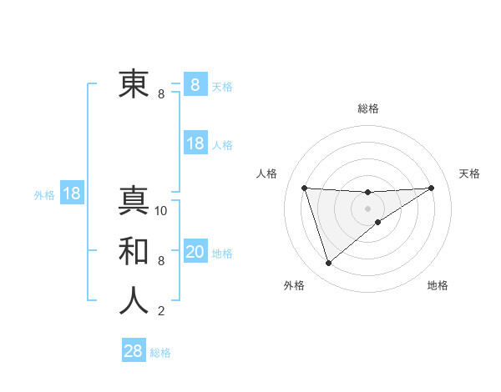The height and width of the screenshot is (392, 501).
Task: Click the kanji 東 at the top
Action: point(134,84)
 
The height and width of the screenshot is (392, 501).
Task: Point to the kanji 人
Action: point(134,301)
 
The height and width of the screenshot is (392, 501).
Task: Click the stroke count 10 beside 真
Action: point(162,211)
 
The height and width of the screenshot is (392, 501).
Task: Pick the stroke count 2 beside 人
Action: point(161,311)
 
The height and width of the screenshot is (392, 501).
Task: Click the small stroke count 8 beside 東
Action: point(161,94)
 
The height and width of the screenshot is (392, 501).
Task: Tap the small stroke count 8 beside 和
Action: point(161,261)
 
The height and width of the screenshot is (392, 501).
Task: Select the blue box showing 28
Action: point(134,351)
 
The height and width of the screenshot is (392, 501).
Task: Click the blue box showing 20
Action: point(195,252)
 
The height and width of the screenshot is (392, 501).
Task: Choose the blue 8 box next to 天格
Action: point(195,84)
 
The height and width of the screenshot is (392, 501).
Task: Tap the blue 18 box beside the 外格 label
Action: point(72,193)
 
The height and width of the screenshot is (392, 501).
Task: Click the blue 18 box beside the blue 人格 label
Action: point(195,143)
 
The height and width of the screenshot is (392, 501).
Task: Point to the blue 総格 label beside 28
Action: point(160,353)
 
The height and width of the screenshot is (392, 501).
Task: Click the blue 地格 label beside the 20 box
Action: point(223,254)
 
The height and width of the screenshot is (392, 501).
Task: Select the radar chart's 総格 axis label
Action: point(368,108)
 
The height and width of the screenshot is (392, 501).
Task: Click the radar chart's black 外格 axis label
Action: point(294,285)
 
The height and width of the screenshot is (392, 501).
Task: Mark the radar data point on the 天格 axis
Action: point(431,188)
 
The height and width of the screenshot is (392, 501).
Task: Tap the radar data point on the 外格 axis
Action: point(328,264)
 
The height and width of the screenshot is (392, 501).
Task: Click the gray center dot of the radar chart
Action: point(367,208)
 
